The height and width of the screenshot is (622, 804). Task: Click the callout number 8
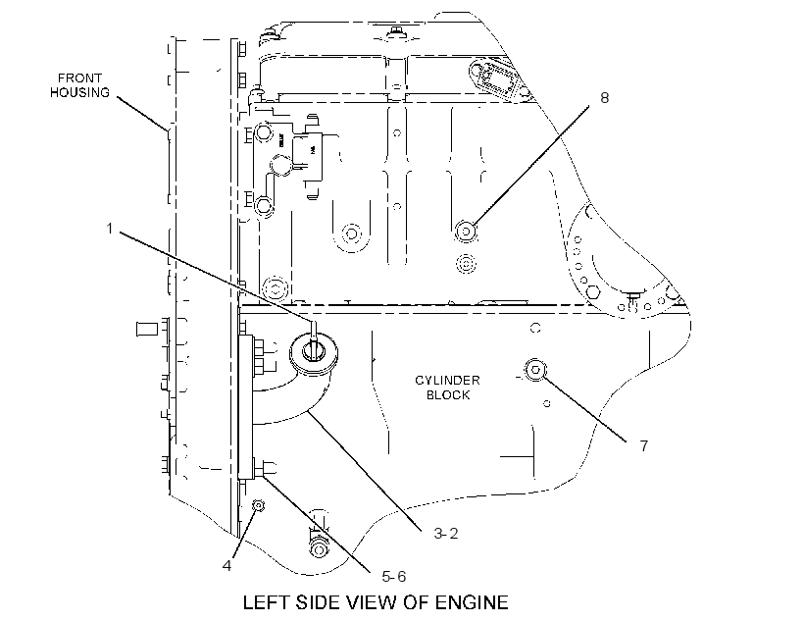click(605, 97)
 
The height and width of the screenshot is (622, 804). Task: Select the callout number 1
click(109, 228)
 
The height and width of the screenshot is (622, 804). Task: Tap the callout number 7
click(644, 446)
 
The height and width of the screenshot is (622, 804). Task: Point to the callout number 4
click(226, 565)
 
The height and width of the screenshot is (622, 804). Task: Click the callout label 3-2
click(445, 534)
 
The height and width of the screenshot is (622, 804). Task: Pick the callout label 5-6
click(394, 577)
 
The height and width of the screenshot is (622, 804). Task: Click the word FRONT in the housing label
click(79, 78)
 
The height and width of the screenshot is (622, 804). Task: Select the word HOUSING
click(79, 92)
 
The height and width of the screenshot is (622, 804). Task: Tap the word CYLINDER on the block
click(447, 381)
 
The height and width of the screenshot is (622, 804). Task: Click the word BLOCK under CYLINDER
click(448, 394)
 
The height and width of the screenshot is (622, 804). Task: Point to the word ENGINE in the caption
click(472, 602)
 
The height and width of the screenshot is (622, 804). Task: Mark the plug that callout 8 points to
click(466, 232)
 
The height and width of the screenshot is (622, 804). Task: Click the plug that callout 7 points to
click(534, 370)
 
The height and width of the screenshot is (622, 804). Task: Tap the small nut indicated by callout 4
click(259, 506)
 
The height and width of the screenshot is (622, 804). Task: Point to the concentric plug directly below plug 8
click(466, 264)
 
